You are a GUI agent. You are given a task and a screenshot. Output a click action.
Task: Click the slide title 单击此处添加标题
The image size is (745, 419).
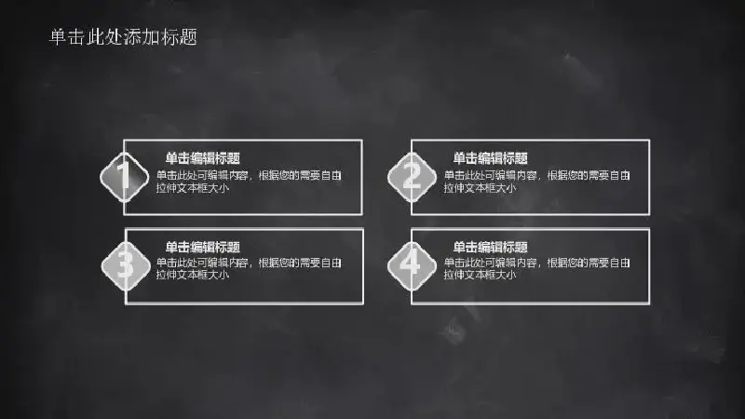123,37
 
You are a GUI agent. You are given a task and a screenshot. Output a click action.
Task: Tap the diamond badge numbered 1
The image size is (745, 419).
124,177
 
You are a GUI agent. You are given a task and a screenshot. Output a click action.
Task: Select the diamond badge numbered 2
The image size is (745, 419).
412,177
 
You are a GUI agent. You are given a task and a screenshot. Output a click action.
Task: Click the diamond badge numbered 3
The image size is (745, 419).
126,266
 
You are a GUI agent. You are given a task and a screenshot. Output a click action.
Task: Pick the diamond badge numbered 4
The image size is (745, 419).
412,266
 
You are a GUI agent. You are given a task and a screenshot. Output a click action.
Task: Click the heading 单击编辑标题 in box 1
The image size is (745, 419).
202,158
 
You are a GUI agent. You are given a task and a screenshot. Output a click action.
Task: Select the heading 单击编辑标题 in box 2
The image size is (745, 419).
490,158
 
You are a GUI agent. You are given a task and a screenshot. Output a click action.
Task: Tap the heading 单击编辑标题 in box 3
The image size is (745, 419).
202,247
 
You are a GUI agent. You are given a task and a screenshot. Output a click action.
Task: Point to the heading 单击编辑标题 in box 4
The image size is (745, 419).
490,247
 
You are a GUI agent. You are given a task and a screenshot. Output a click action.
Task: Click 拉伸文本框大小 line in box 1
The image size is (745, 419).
193,188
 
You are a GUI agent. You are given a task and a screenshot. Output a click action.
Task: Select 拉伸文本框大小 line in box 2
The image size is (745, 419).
480,188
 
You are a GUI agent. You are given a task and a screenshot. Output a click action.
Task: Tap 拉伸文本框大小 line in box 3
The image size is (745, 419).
193,275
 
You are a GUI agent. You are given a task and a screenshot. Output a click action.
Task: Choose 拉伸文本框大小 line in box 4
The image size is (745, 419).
480,275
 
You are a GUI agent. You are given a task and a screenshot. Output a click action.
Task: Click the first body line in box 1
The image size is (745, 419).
249,175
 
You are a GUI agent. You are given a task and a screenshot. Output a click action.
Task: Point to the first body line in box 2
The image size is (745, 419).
537,175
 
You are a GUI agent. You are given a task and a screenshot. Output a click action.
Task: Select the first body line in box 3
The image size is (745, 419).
249,263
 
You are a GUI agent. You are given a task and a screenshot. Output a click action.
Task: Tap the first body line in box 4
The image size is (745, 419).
537,263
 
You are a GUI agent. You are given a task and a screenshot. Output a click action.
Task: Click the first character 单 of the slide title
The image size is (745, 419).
58,37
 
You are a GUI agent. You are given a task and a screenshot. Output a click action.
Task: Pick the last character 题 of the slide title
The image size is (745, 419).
189,37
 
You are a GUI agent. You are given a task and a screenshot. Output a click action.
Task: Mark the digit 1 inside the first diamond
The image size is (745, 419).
124,175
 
